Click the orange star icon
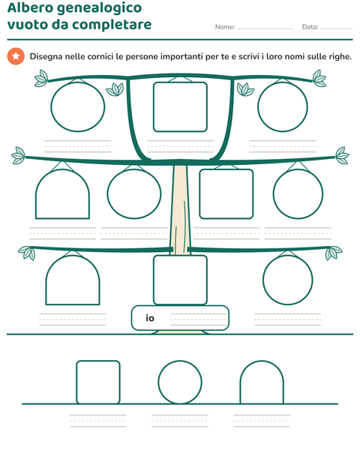16,56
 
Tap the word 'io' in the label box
150,317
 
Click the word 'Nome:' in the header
225,27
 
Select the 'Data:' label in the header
310,27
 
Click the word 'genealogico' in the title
99,8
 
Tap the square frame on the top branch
154,106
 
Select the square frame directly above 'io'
154,280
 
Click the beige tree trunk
180,208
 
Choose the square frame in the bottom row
76,382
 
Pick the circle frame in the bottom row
158,382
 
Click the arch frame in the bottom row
240,385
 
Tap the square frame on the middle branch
199,194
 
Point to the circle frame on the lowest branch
263,280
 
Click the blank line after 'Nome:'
265,29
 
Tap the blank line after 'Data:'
336,29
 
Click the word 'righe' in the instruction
339,56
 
